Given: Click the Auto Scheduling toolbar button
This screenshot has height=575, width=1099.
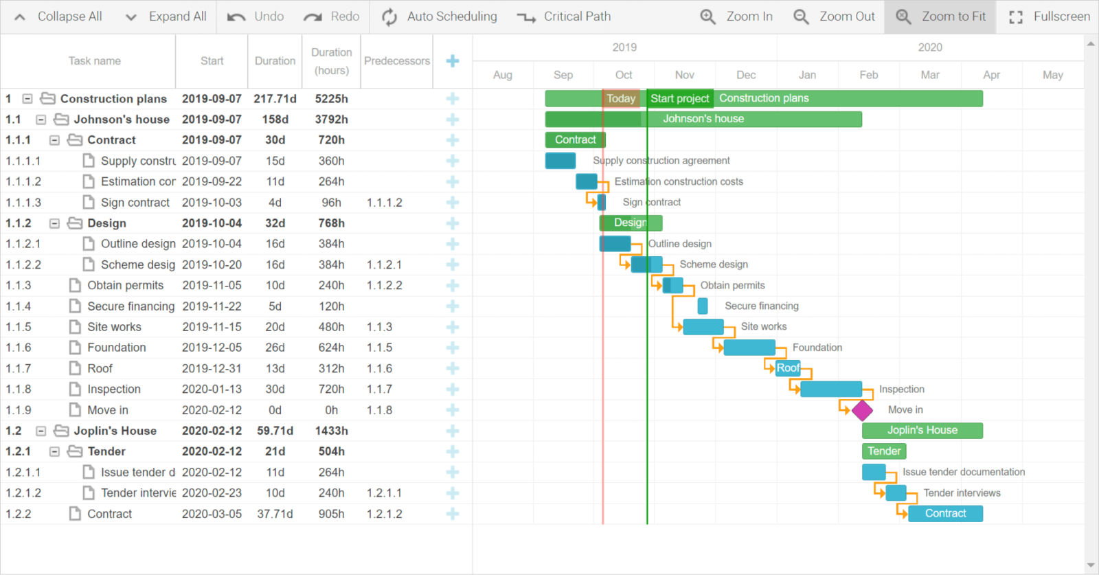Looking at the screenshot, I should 440,16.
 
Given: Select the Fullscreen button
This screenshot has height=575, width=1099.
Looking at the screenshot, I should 1049,16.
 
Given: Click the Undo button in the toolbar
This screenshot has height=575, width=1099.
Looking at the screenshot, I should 256,16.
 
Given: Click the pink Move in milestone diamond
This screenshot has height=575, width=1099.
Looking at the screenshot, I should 862,410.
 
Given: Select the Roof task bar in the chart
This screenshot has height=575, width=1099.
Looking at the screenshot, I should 788,368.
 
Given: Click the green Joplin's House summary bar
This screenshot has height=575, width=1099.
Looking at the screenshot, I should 922,431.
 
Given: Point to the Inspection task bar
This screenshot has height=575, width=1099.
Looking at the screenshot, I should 830,390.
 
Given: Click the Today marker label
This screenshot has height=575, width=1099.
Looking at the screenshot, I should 621,99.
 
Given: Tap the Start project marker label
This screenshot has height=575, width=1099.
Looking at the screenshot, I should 679,99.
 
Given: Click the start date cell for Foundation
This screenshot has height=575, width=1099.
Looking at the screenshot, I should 212,348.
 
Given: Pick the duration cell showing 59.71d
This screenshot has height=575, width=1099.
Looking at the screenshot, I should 275,431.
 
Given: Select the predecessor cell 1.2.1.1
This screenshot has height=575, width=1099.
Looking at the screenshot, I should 385,493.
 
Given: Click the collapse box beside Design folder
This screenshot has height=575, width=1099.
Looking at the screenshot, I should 54,223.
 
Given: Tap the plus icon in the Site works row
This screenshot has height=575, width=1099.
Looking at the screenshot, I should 452,327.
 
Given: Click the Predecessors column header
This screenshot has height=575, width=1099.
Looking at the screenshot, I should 396,61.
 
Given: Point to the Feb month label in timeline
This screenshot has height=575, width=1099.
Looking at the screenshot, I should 868,75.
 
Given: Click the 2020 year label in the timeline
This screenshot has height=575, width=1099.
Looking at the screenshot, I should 930,47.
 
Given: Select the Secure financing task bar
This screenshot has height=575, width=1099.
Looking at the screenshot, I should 702,306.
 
